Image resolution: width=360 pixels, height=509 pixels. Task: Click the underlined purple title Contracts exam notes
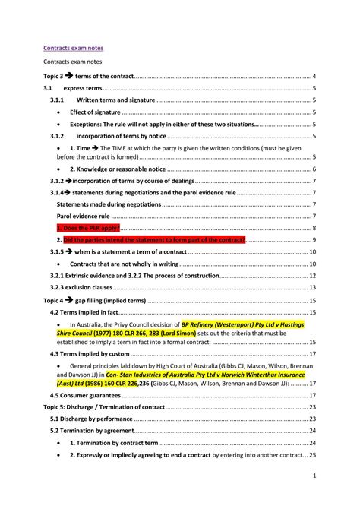(73, 48)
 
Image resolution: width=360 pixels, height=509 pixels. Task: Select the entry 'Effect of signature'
(95, 112)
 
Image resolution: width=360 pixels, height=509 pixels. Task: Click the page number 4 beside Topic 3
(314, 77)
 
